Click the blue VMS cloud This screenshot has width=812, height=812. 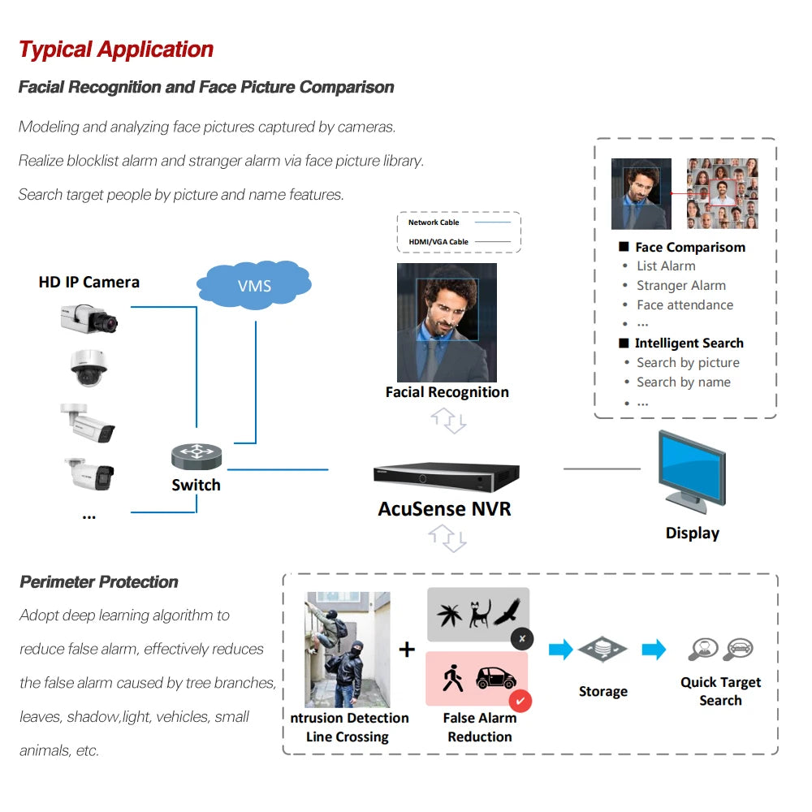click(254, 286)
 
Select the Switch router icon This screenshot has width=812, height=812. click(197, 456)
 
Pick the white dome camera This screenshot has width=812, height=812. click(89, 369)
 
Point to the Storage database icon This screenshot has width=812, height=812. click(603, 650)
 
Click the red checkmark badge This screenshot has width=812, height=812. click(520, 700)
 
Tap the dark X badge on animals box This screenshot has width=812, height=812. click(521, 639)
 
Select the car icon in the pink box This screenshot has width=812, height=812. click(495, 678)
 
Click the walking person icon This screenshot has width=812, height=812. click(452, 678)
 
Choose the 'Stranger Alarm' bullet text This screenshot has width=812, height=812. click(680, 286)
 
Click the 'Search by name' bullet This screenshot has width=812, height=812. click(683, 382)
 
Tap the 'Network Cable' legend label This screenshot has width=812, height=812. click(434, 222)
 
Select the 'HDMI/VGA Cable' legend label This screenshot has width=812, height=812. click(438, 242)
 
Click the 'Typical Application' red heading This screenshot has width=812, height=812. click(116, 50)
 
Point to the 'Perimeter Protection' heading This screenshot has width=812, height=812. click(99, 582)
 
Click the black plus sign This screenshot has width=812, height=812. click(407, 650)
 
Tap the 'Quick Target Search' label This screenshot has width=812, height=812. click(720, 691)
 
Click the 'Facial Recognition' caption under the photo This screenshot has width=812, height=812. click(447, 392)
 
